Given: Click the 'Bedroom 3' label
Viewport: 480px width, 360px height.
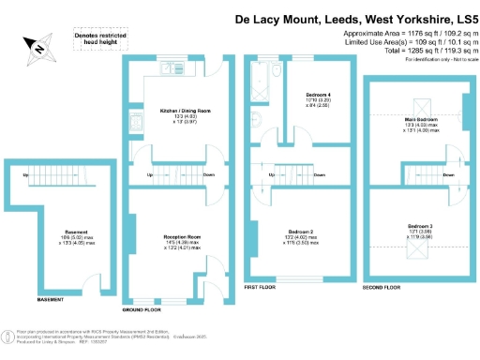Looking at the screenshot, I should point(421,227).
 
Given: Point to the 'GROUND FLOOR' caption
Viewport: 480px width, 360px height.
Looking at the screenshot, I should point(141,308).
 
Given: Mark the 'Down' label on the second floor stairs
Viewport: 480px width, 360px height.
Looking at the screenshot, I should point(448,175).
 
